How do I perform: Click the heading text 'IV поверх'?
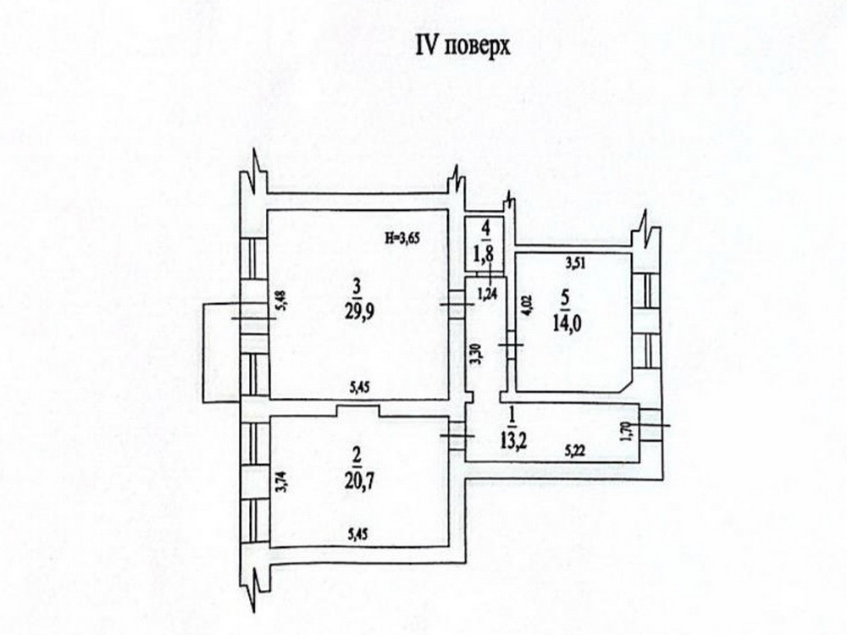[462, 47]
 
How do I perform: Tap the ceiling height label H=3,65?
[401, 240]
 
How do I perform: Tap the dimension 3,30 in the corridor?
[475, 351]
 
